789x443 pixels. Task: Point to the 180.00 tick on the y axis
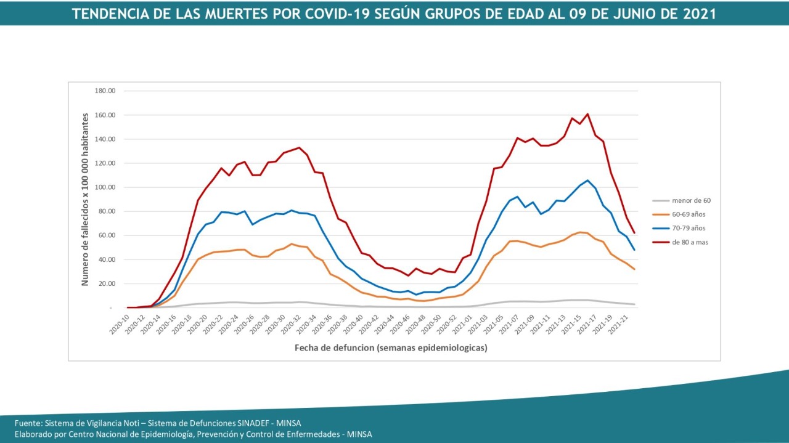105,91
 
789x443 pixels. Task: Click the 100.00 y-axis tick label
105,187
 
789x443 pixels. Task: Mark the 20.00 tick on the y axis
106,283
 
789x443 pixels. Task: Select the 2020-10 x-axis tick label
120,325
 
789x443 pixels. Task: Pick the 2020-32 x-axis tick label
292,325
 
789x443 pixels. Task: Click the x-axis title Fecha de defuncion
390,348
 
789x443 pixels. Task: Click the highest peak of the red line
587,114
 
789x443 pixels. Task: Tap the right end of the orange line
634,269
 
